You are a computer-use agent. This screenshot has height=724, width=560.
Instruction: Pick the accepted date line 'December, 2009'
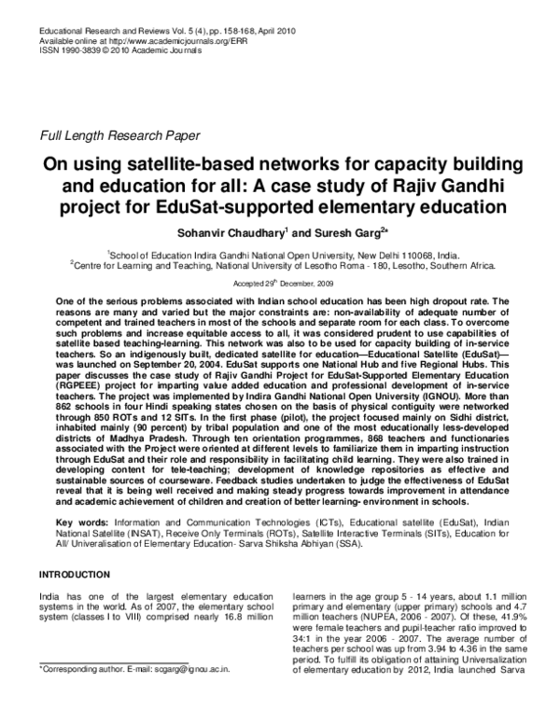(x=302, y=282)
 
